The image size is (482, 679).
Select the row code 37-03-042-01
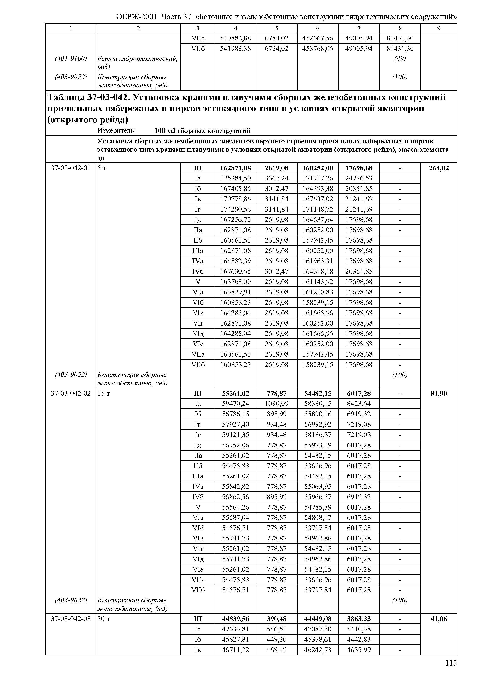[71, 168]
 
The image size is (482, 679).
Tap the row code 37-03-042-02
[71, 394]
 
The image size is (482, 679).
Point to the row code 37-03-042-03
[71, 619]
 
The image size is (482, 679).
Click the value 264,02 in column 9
[439, 168]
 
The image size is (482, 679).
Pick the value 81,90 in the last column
[439, 394]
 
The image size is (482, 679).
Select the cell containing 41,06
[439, 619]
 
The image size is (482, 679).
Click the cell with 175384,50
[235, 178]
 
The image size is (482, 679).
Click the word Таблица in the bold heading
[66, 97]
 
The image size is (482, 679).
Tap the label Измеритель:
[116, 131]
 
